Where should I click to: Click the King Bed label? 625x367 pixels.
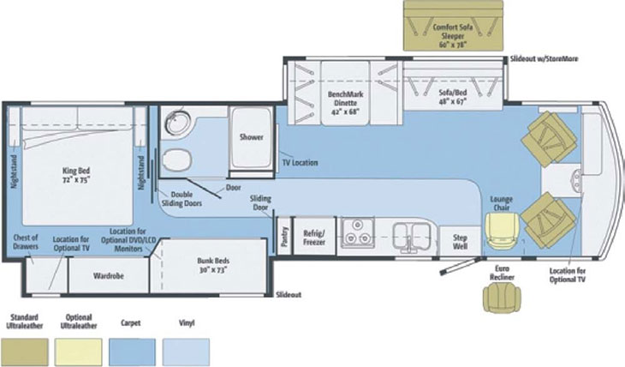(76, 175)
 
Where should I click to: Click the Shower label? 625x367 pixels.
(251, 137)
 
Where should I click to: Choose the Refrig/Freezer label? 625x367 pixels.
(314, 238)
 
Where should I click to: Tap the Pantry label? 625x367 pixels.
(284, 236)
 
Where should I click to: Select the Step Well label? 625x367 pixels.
(460, 242)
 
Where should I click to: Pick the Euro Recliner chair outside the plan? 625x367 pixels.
(502, 297)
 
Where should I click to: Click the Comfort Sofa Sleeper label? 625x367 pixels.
(453, 35)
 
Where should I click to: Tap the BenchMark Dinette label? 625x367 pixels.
(346, 103)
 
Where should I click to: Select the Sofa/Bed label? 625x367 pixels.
(453, 97)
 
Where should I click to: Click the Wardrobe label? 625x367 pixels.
(109, 275)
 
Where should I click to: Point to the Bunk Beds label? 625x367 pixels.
(213, 265)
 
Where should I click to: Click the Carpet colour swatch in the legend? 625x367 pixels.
(132, 352)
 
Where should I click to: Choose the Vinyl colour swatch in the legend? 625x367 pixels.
(186, 352)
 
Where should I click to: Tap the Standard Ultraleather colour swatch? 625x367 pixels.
(24, 352)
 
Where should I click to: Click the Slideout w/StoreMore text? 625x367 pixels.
(544, 58)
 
